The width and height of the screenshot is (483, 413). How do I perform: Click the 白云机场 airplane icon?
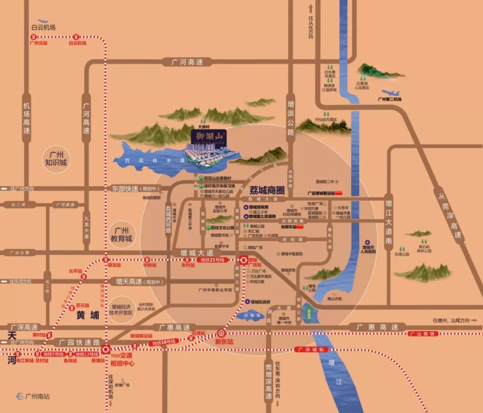coord(43,21)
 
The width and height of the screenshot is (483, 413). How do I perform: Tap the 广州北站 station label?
coord(38,43)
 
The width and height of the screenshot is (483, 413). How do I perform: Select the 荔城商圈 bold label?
coord(267,190)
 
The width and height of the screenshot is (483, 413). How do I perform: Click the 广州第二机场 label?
coord(390,99)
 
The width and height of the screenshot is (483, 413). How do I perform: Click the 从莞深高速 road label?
coord(449,214)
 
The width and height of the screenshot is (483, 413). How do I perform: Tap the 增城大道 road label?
coord(196,253)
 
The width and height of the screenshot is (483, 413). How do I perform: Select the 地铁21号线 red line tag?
coord(214,260)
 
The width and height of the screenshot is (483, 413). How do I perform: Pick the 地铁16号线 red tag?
coord(163,342)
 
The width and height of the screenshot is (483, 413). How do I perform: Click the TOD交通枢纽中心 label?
coord(121,359)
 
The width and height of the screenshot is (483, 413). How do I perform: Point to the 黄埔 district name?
coord(87,315)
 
